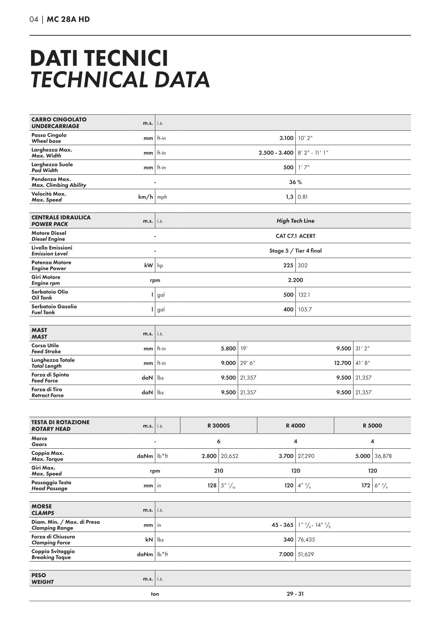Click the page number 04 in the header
34,19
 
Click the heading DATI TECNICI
99,58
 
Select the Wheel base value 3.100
286,138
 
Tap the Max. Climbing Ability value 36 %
295,182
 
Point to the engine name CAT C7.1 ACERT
295,236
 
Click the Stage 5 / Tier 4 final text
295,251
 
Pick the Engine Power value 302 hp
302,265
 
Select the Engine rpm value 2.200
295,280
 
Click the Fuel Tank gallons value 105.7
305,309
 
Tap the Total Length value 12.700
342,363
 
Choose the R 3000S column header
219,426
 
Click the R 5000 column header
372,426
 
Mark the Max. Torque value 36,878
383,456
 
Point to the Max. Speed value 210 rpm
219,471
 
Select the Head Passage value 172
366,485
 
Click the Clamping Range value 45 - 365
282,525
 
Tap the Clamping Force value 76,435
306,540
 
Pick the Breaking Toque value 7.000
286,555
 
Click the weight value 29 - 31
295,594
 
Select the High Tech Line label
295,221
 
